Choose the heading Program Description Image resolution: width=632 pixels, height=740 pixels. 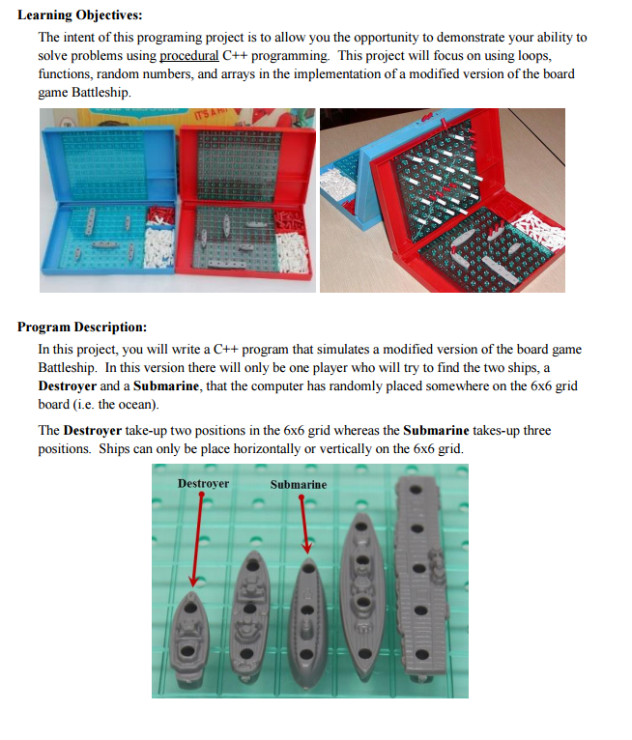coord(82,327)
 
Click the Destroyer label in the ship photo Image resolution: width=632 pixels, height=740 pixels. coord(203,483)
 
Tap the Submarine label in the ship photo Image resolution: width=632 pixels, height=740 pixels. coord(298,484)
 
